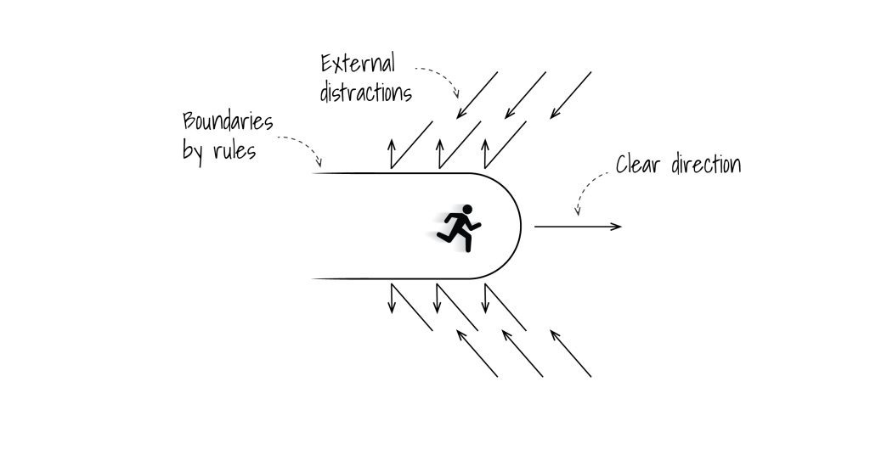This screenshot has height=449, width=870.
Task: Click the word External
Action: coord(358,65)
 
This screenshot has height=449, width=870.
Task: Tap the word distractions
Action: coord(365,92)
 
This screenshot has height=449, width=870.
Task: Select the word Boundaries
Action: coord(228,122)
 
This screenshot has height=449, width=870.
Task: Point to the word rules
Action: coord(233,153)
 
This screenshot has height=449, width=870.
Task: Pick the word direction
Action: coord(704,164)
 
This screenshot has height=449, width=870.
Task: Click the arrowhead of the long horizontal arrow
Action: coord(618,227)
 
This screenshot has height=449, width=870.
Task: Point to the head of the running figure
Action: coord(466,209)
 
